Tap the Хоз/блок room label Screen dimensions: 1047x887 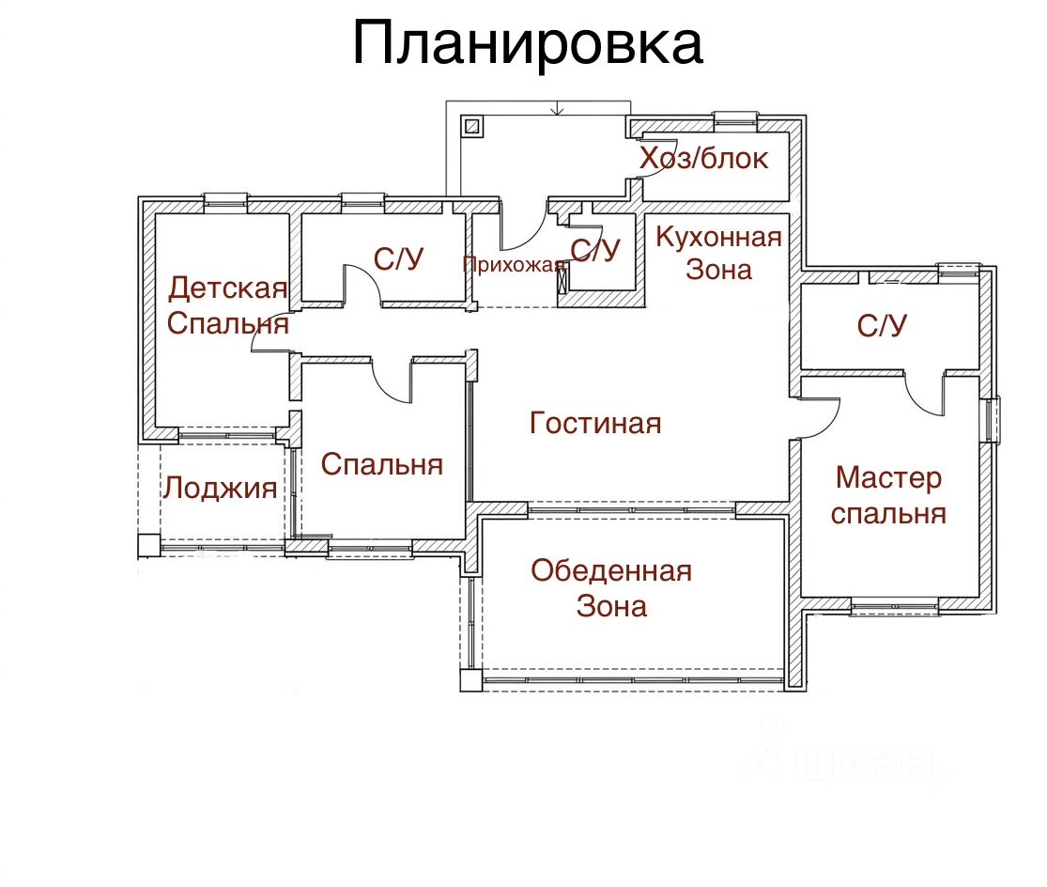pos(703,158)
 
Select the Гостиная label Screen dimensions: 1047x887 pos(595,423)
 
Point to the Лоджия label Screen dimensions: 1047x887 pos(221,489)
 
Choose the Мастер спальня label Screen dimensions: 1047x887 pos(888,495)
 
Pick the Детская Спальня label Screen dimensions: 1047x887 pos(227,305)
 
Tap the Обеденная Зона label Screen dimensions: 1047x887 pos(611,588)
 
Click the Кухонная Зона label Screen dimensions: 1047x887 pos(718,253)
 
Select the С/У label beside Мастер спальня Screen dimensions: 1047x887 pos(882,325)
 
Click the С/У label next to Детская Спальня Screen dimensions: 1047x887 pos(399,259)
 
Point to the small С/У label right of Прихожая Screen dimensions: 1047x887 pos(595,251)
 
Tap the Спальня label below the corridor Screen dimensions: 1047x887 pos(382,464)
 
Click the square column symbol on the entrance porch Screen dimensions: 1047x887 pos(472,126)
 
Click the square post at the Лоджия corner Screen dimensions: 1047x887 pos(149,546)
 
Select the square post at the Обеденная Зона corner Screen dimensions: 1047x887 pos(470,680)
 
